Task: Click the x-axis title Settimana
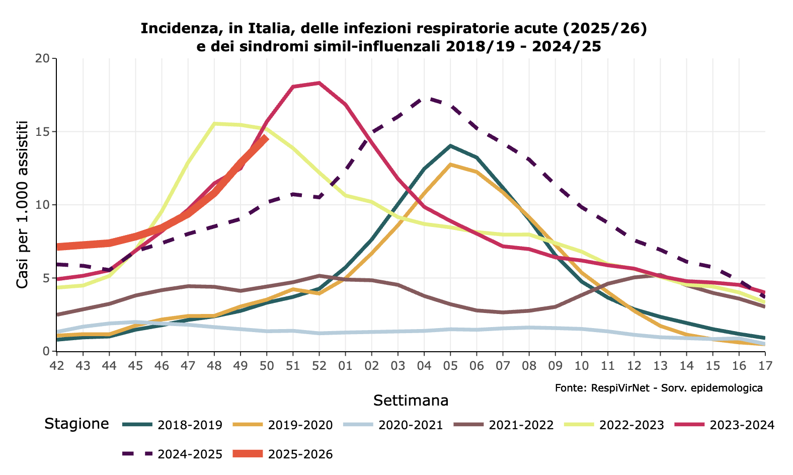click(x=411, y=401)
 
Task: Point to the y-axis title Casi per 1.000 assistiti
click(x=22, y=204)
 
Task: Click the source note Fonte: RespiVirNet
click(x=659, y=388)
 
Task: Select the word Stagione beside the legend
click(x=76, y=424)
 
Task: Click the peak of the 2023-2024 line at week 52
click(x=319, y=83)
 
